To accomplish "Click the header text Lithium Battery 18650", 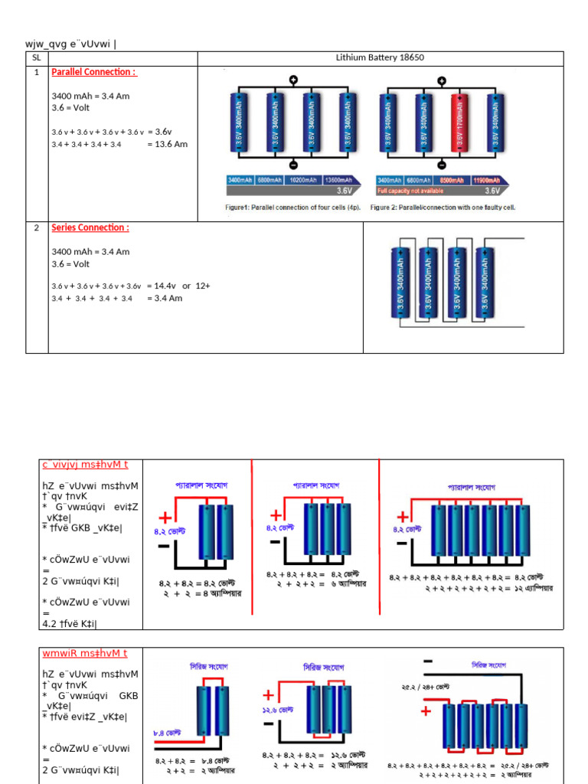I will pos(380,57).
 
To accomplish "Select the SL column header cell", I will pos(36,57).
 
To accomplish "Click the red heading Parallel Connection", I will pos(93,72).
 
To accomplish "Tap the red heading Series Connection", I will pos(90,227).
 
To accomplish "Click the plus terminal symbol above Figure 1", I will pos(293,80).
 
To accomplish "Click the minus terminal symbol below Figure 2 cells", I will pos(441,164).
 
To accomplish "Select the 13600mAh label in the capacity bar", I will pos(339,180).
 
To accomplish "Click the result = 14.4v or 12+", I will pos(178,286).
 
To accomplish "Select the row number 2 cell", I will pos(36,227).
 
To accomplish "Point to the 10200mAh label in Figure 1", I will pos(303,180).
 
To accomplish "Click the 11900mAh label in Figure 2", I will pos(487,180).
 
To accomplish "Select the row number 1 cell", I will pos(36,72).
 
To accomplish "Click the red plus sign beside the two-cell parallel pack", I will pos(164,518).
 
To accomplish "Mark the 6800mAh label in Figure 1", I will pos(268,180).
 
